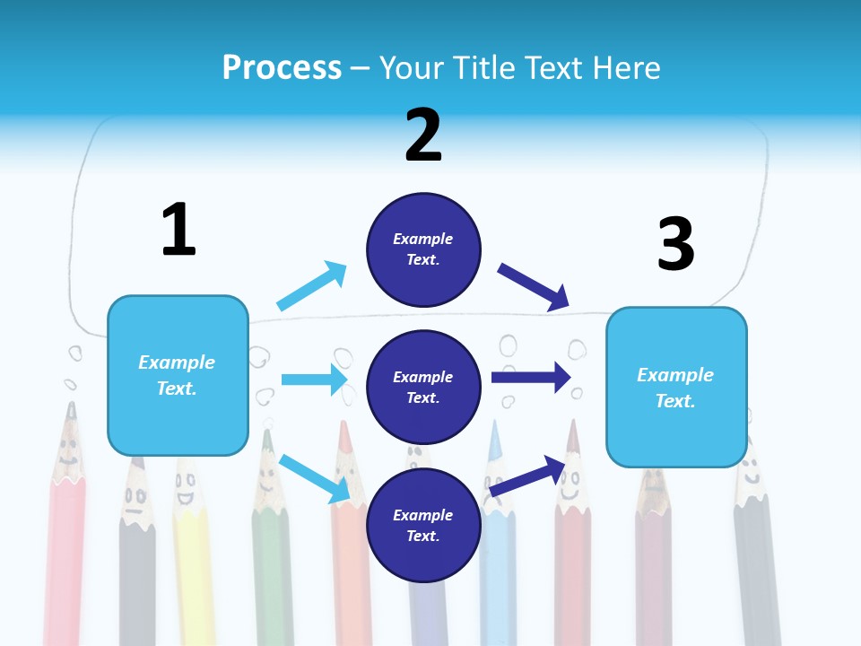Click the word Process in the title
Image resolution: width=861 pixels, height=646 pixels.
(x=282, y=68)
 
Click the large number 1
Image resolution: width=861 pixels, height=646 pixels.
(x=178, y=230)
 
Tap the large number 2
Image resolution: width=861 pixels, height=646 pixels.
(x=423, y=135)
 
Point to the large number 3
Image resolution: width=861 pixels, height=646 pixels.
(x=675, y=244)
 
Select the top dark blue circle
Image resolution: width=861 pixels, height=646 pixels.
(x=423, y=249)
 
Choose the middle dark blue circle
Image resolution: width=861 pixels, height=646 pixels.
(x=423, y=388)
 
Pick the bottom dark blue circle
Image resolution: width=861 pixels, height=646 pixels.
(x=423, y=526)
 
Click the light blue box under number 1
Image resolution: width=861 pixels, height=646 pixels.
(x=178, y=375)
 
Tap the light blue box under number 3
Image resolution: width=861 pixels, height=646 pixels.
(x=675, y=388)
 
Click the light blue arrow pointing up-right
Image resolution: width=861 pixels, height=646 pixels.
(x=311, y=286)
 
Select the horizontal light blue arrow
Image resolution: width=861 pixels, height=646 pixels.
(x=314, y=380)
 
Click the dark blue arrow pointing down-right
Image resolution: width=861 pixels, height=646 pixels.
(x=534, y=286)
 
